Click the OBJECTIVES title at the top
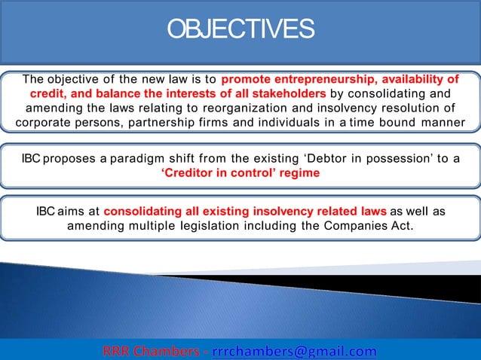point(240,29)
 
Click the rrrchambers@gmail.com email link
point(294,351)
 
